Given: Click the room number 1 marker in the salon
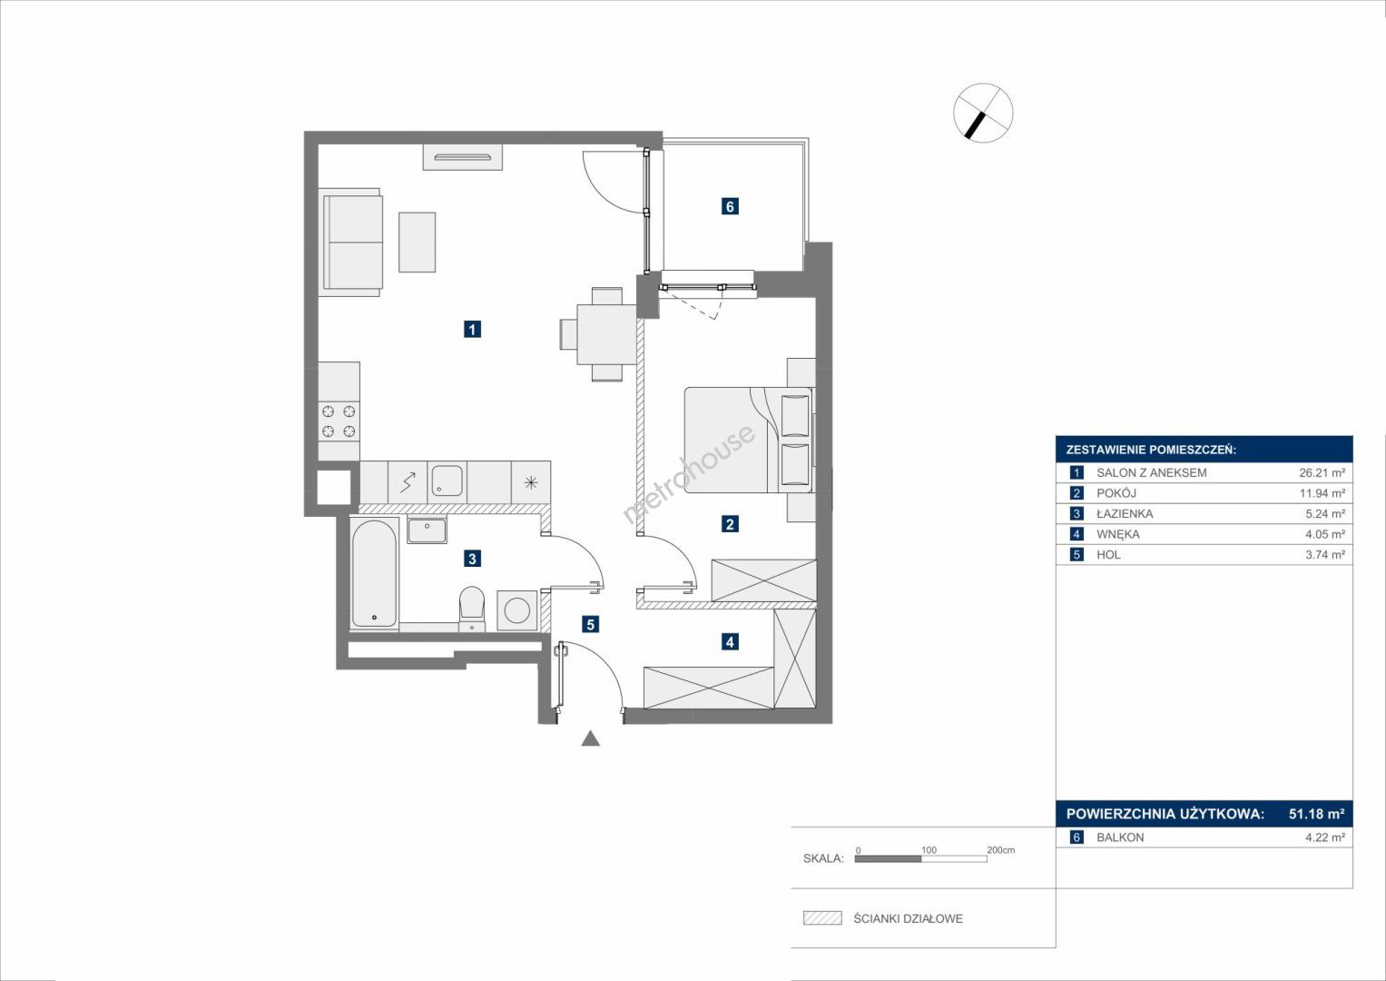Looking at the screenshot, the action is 472,329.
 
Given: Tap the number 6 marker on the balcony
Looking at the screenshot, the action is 730,206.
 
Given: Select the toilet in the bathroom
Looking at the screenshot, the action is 472,609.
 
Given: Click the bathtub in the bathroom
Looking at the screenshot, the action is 374,573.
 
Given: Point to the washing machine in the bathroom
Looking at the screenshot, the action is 516,610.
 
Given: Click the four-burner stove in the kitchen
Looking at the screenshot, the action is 339,421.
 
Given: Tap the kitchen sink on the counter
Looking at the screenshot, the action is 447,481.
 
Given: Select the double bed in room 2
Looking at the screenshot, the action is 749,440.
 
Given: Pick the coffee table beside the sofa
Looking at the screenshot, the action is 417,243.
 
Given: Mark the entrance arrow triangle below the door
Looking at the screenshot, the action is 591,738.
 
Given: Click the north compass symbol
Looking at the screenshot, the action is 983,114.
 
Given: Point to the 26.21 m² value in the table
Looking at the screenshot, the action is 1322,472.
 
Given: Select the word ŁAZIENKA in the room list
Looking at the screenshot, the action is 1125,513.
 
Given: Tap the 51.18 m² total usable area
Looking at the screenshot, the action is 1317,813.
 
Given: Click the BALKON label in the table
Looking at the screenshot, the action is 1120,837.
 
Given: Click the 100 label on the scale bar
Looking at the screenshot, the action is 929,849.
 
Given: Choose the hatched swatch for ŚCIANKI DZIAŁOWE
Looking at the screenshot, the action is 822,917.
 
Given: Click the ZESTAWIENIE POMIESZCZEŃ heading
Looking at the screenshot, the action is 1152,451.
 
